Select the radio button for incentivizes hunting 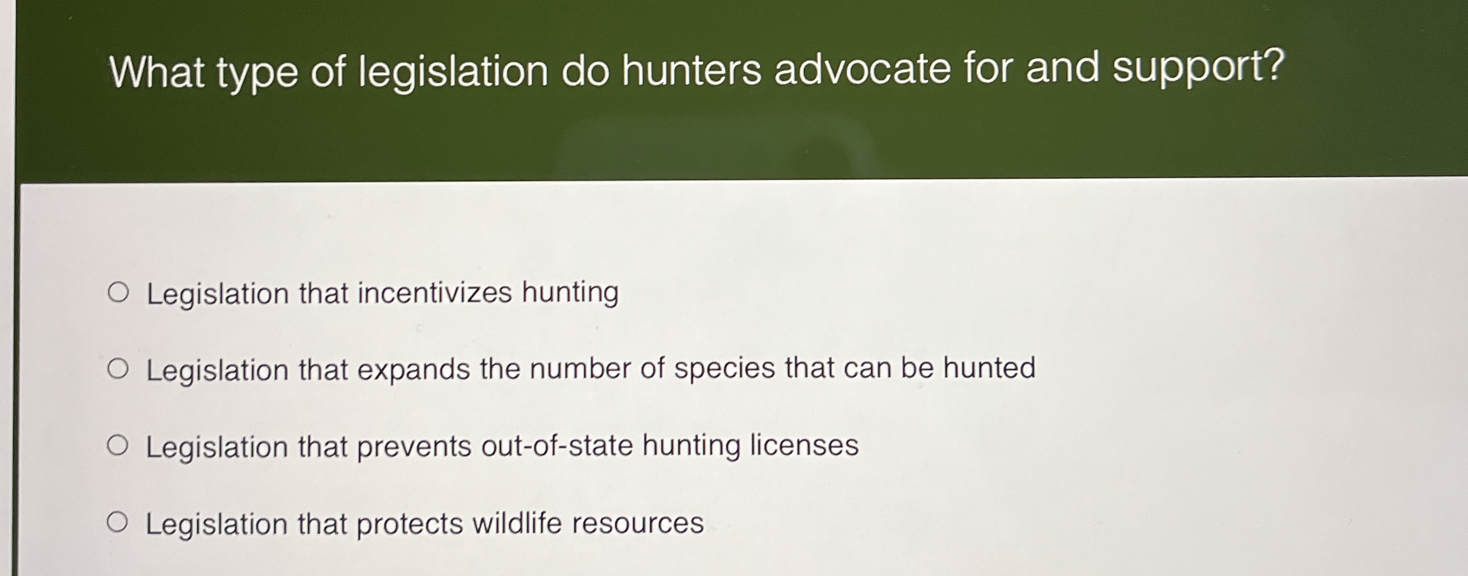118,292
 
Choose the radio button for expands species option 118,369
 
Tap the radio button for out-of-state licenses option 117,445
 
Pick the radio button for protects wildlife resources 117,523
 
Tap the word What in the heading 157,73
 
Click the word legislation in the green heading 454,73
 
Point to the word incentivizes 434,292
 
